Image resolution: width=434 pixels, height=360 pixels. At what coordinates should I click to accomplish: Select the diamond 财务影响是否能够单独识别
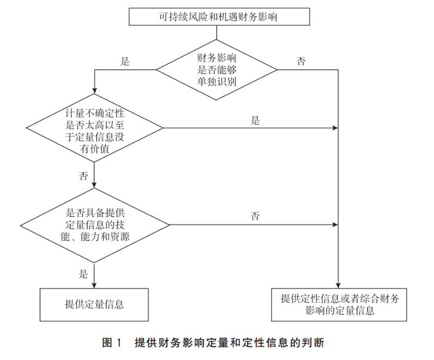point(217,69)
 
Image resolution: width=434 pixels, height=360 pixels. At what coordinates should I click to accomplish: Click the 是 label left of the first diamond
point(125,62)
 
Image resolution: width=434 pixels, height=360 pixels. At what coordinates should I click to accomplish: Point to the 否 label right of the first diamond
point(301,62)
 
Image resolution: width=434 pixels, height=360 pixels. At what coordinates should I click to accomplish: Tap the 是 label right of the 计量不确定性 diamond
point(255,121)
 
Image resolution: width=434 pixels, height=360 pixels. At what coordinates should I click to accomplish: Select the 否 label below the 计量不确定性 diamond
point(83,176)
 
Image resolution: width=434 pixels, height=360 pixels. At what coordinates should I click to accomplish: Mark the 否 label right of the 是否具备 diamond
point(255,217)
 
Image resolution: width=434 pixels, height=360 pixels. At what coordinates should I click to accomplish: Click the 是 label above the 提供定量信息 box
point(83,274)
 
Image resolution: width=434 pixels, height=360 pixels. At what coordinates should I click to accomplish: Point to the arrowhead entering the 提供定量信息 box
point(94,284)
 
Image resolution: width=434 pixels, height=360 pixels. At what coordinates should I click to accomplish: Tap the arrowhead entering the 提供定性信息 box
point(339,284)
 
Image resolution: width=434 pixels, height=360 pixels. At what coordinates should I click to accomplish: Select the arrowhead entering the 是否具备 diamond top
point(94,185)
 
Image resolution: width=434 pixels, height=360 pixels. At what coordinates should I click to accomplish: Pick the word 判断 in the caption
point(314,343)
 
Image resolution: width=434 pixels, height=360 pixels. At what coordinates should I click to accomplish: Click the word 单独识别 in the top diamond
point(217,81)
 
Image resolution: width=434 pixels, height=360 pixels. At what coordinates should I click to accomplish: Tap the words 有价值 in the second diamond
point(94,148)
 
